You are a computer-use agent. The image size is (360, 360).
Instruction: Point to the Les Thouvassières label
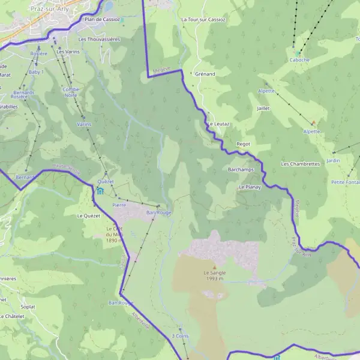click(x=99, y=39)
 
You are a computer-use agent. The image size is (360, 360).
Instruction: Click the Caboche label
click(x=299, y=60)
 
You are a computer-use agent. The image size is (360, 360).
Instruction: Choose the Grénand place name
click(x=205, y=74)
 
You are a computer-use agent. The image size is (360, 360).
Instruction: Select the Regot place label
click(x=243, y=144)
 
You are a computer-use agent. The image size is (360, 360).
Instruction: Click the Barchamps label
click(x=241, y=170)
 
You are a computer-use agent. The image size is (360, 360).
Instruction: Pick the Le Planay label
click(x=248, y=187)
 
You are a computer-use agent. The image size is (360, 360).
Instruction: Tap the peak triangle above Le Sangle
click(x=214, y=266)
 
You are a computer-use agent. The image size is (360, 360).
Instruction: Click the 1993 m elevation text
click(x=213, y=279)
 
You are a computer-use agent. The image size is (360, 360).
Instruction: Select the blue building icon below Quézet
click(x=100, y=191)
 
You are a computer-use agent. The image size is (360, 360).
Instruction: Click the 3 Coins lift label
click(x=180, y=336)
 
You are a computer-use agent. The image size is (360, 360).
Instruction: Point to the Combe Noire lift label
click(x=71, y=92)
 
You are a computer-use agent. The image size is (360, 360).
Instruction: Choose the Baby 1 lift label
click(x=36, y=72)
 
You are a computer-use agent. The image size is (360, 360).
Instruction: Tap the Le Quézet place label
click(x=88, y=215)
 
